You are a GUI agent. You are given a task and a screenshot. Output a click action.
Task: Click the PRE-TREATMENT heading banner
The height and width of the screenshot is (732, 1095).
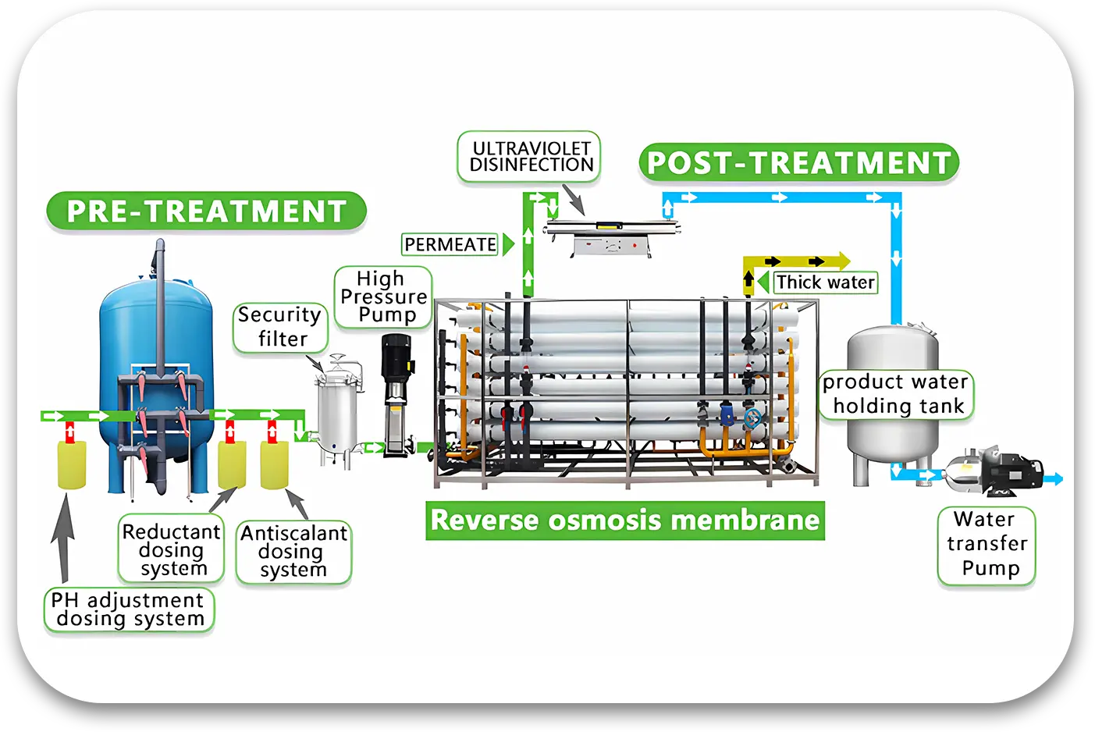[206, 211]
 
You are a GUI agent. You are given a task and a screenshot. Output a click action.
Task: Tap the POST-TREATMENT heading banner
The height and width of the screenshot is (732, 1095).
[798, 163]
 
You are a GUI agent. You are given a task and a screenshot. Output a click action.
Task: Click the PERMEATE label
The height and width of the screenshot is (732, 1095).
[450, 244]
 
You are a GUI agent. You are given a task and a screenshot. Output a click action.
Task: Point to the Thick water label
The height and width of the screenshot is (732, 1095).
[825, 282]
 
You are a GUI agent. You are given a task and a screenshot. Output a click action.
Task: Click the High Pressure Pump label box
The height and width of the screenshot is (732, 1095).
[383, 297]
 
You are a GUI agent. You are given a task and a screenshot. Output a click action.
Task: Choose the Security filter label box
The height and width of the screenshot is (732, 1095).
[280, 327]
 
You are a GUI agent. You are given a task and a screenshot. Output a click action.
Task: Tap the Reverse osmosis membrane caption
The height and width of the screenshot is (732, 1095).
[624, 521]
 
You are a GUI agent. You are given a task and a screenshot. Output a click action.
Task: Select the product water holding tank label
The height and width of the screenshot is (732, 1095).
[896, 394]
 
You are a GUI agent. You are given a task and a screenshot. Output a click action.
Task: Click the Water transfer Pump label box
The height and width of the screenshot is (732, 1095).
[987, 545]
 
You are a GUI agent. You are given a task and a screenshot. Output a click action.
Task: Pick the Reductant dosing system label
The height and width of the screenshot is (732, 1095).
[172, 549]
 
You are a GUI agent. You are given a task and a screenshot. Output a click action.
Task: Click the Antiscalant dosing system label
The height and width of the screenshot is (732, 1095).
[293, 552]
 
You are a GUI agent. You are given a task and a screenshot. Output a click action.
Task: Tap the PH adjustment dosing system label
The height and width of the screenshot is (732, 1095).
[129, 609]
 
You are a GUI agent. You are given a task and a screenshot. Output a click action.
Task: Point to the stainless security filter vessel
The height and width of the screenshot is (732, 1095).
[336, 414]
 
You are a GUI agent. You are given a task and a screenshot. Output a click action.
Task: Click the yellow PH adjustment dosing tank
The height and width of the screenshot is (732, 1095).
[72, 464]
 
